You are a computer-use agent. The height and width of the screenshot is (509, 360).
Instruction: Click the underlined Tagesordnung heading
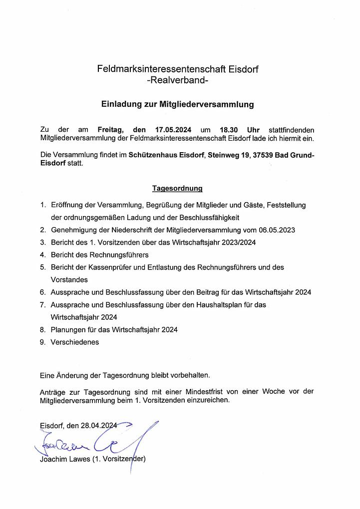177,188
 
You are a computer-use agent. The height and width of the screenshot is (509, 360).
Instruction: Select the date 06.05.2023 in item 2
277,230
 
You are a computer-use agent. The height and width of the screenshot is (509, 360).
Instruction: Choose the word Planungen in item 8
67,329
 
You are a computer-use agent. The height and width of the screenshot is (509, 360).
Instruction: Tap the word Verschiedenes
75,342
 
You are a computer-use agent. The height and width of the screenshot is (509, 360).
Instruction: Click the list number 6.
43,292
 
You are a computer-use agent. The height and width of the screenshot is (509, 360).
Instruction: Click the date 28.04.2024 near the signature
99,425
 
